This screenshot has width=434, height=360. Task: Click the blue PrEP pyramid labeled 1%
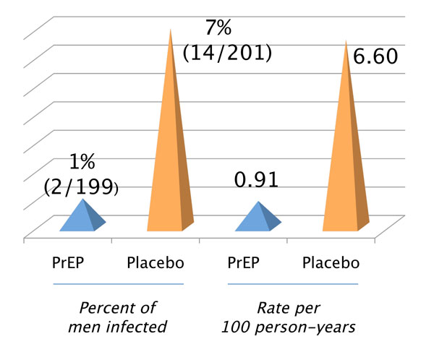83,219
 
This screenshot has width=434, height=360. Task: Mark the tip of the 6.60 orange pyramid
346,39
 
